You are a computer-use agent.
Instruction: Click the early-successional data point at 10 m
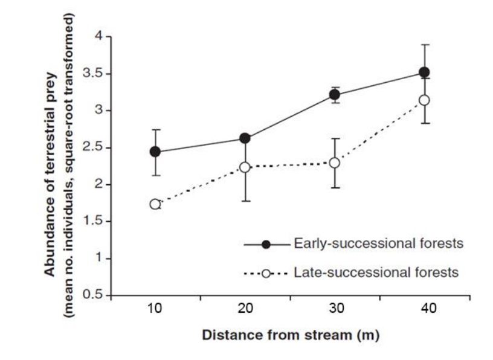tap(155, 152)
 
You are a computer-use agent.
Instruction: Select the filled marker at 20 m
tap(245, 138)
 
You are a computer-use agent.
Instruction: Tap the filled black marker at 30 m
tap(335, 95)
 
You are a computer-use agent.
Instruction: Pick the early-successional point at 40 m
tap(425, 73)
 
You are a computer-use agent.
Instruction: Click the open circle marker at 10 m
tap(155, 204)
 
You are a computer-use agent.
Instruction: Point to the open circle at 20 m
tap(245, 167)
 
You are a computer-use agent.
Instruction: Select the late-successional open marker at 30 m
tap(335, 162)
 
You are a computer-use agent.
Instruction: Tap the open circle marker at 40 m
tap(425, 100)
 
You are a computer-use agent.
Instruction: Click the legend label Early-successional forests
tap(378, 244)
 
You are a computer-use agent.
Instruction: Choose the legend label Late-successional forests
tap(376, 272)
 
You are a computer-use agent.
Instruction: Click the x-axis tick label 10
tap(155, 309)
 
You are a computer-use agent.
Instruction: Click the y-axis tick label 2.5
tap(95, 148)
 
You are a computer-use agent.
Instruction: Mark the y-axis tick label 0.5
tap(95, 295)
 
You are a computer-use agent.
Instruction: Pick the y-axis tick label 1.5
tap(95, 222)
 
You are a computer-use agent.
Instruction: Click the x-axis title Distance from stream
tap(291, 335)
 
